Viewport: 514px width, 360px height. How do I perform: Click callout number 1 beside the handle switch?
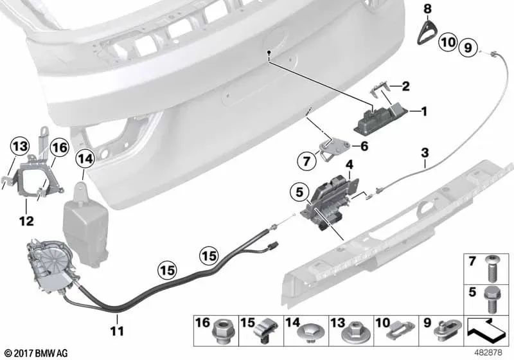[423, 111]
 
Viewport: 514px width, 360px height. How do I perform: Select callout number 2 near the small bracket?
[405, 85]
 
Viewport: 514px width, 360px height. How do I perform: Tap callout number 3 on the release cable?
[425, 154]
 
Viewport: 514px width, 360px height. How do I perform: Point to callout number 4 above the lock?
[349, 165]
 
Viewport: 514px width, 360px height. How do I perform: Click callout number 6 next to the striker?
[364, 146]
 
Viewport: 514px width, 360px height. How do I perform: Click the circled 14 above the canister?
[84, 157]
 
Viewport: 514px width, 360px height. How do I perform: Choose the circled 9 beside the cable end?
[468, 46]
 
